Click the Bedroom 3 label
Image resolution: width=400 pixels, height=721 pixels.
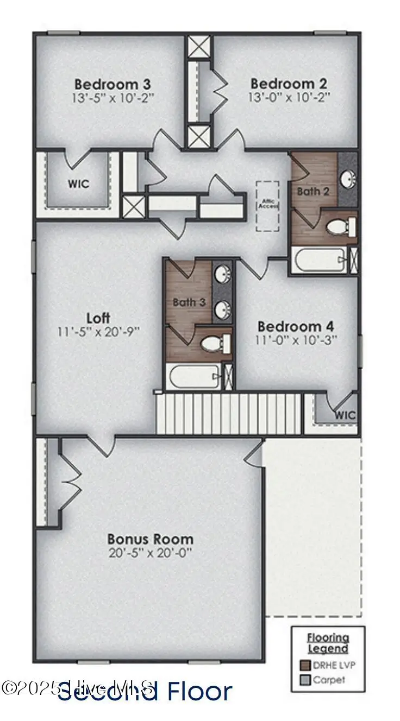(x=112, y=84)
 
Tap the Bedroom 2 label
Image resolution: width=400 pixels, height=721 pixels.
(x=289, y=84)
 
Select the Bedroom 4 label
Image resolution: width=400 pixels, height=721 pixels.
(x=296, y=326)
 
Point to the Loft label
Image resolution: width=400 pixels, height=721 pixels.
(x=99, y=318)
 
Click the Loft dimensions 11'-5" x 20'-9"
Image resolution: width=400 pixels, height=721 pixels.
(x=99, y=331)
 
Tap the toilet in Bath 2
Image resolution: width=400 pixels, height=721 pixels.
(x=339, y=226)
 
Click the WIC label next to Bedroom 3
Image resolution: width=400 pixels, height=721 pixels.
(x=78, y=184)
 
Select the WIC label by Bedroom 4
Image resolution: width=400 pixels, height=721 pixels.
(x=345, y=415)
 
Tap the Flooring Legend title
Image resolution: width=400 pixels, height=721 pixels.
(x=328, y=643)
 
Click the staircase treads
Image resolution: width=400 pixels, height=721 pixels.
(x=228, y=414)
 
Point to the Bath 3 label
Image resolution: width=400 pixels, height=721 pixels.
(x=189, y=302)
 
